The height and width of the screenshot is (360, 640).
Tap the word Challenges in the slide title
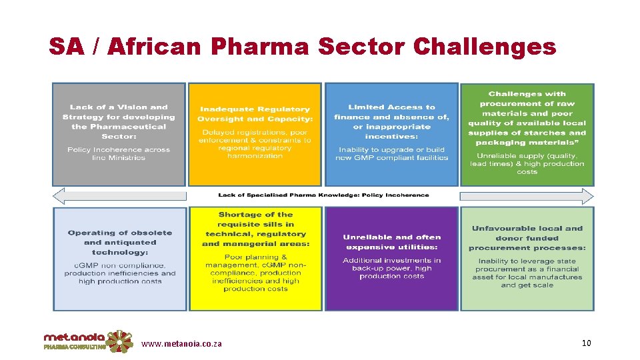point(484,46)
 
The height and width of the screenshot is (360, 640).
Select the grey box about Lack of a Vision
point(119,134)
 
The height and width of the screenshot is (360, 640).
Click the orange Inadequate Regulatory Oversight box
point(255,134)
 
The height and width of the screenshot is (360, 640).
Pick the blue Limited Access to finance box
point(391,134)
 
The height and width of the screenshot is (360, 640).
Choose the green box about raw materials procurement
point(527,134)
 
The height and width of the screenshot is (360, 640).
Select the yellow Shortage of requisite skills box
point(255,258)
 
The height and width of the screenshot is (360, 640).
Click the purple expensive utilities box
point(391,258)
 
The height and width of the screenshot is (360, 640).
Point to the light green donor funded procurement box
point(527,258)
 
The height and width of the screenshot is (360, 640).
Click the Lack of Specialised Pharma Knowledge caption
point(323,195)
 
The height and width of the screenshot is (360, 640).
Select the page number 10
point(586,343)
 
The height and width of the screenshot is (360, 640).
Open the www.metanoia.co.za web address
point(181,344)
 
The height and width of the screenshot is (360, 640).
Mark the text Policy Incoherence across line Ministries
point(119,154)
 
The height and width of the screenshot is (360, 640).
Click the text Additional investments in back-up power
point(391,268)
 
